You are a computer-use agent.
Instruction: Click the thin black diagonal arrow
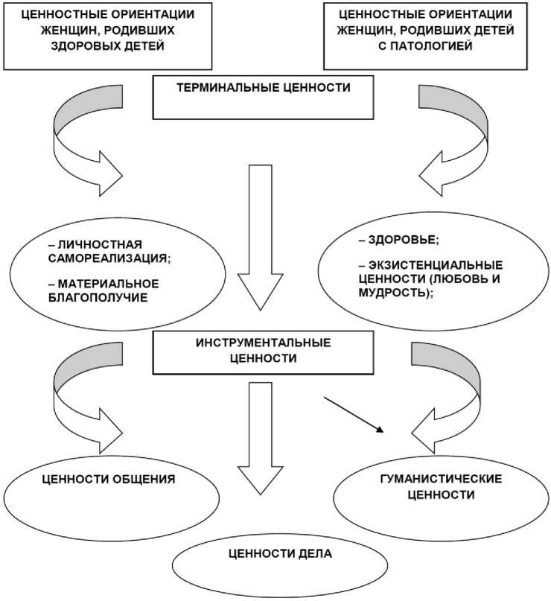click(354, 414)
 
